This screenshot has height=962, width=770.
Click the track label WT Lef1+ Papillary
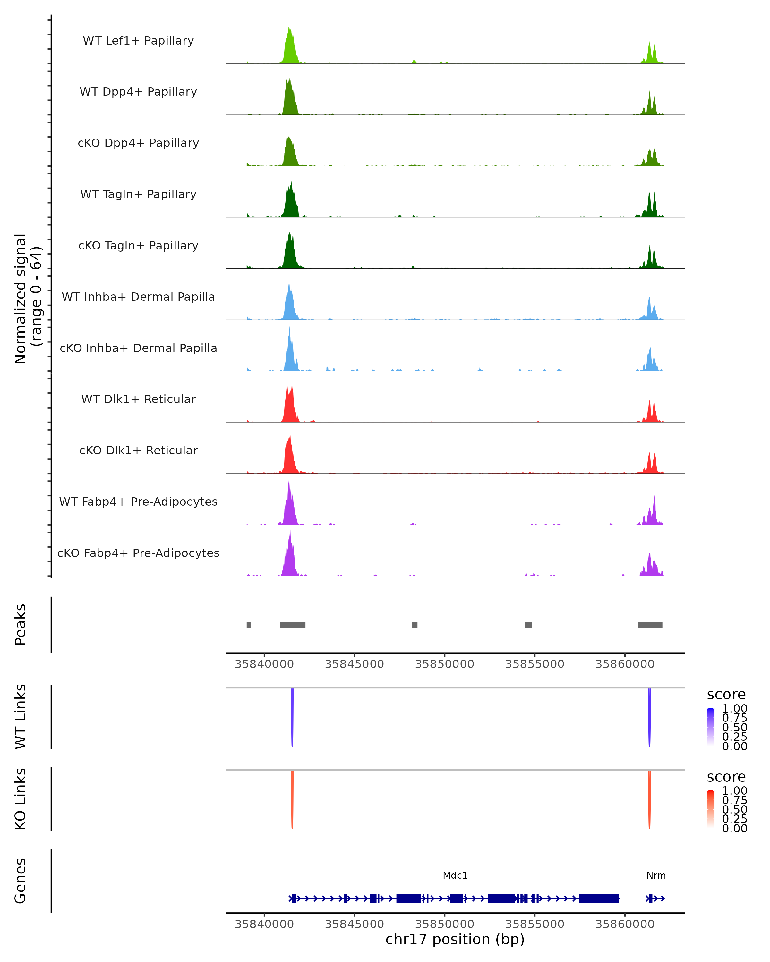pos(138,41)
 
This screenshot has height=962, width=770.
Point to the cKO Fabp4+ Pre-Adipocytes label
pos(138,553)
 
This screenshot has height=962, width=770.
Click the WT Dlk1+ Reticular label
pos(138,399)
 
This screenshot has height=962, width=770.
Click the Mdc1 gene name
pos(455,875)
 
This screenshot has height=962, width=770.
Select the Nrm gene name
pos(656,875)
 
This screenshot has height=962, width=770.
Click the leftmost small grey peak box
pos(249,625)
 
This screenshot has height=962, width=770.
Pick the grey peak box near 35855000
pos(528,625)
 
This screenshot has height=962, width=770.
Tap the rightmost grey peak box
pos(650,625)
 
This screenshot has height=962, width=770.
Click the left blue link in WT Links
pos(292,716)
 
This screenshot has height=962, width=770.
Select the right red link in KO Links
pos(649,799)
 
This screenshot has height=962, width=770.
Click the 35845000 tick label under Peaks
pos(355,664)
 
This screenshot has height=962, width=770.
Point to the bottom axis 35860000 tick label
pos(624,924)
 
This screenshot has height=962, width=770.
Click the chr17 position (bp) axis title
pos(455,940)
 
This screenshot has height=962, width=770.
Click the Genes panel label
pos(21,881)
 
